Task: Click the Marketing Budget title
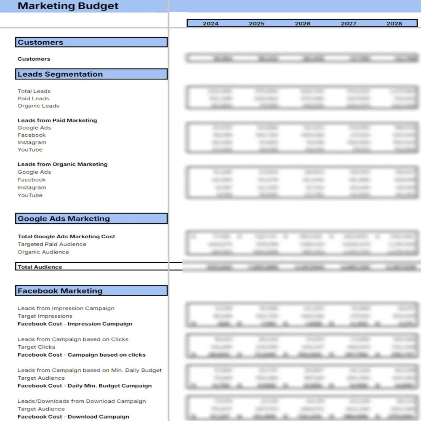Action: tap(68, 6)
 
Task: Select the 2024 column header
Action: tap(210, 24)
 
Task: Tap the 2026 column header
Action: tap(302, 24)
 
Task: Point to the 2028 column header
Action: tap(394, 24)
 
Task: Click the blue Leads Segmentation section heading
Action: tap(60, 74)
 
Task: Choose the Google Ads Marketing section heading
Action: tap(64, 218)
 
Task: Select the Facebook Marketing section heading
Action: tap(60, 291)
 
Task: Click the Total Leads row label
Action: tap(34, 91)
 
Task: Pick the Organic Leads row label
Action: tap(38, 106)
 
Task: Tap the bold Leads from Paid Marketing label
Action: tap(57, 120)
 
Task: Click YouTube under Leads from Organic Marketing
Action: tap(30, 195)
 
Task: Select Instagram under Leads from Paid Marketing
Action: tap(32, 142)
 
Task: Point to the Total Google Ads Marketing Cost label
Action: tap(67, 237)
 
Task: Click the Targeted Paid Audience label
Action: tap(52, 244)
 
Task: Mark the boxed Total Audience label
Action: tap(40, 267)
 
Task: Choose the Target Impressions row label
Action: tap(45, 316)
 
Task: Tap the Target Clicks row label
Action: tap(36, 347)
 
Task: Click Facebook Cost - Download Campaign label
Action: tap(73, 417)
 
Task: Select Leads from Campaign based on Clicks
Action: tap(73, 339)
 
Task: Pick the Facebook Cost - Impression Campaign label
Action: tap(75, 324)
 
